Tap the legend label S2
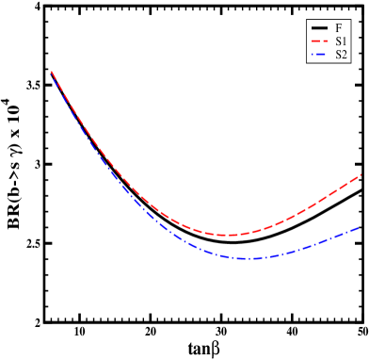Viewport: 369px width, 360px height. coord(341,55)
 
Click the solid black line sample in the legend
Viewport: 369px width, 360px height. coord(318,28)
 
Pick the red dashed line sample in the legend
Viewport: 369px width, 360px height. coord(318,41)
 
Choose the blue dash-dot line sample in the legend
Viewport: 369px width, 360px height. coord(318,55)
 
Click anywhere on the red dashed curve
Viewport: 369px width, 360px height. coord(151,205)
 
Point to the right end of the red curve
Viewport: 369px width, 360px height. coord(361,174)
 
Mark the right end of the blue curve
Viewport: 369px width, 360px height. coord(361,226)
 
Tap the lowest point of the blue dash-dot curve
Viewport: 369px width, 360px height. coord(245,258)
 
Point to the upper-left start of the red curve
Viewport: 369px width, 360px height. coord(51,72)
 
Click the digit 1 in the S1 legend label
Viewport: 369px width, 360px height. coord(345,41)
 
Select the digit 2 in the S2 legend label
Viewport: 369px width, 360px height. coord(345,55)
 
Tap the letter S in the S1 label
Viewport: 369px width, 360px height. coord(338,41)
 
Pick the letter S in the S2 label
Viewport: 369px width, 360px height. coord(338,55)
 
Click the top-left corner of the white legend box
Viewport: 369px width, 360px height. coord(307,20)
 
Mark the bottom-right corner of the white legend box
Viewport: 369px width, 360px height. coord(350,63)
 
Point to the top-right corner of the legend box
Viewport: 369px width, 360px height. coord(350,20)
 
